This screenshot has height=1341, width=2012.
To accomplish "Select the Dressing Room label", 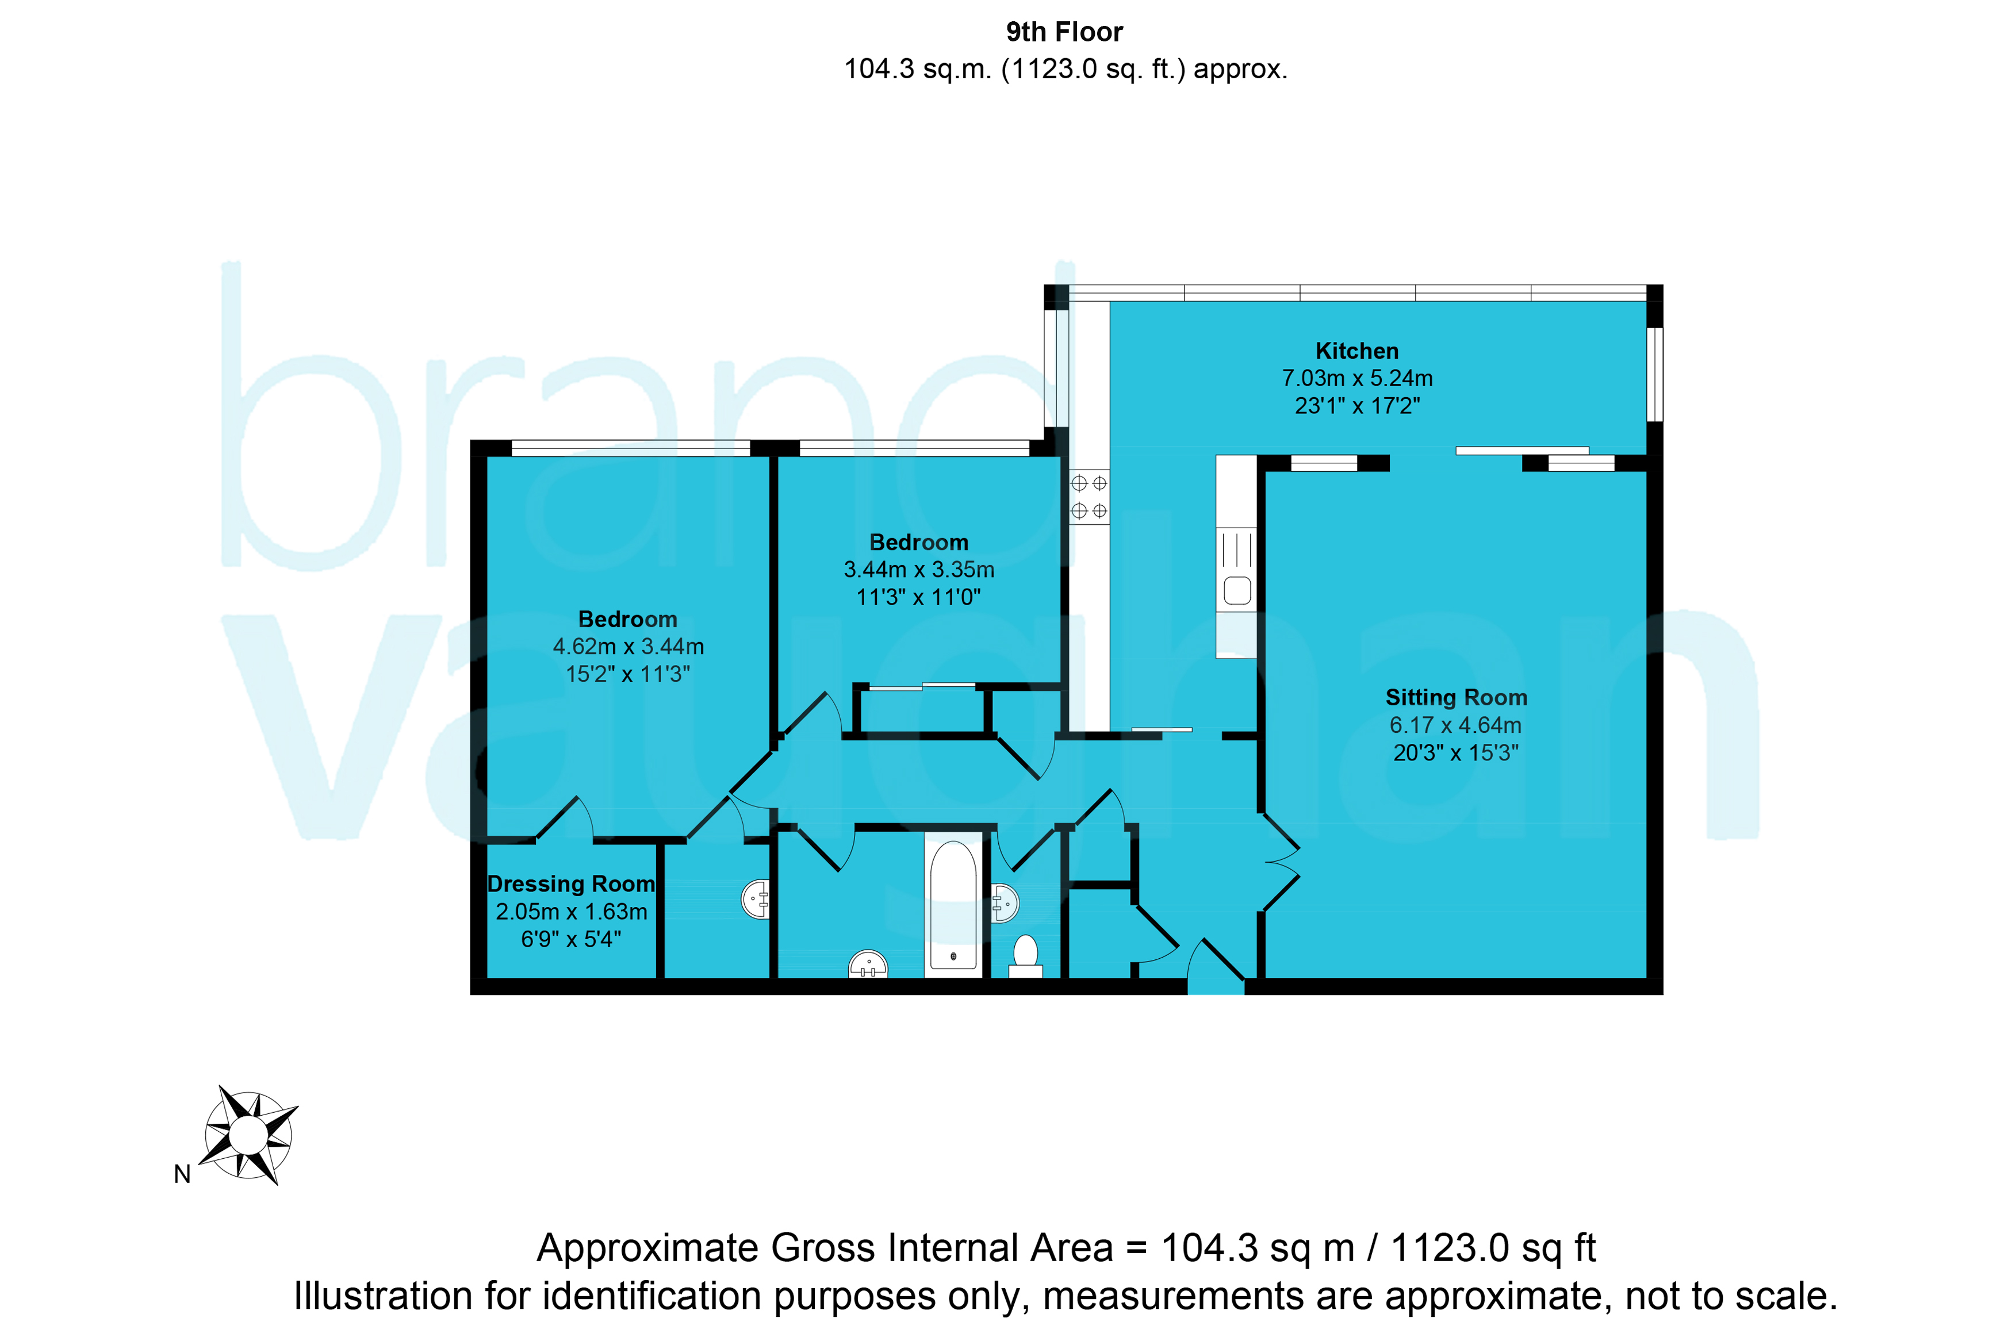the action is point(572,883).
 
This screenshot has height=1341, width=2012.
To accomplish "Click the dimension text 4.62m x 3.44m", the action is point(628,647).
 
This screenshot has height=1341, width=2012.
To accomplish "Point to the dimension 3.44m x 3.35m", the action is point(919,570).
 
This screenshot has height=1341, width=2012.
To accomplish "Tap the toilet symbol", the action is point(1026,956).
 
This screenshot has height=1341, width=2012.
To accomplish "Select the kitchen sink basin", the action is point(1237,591).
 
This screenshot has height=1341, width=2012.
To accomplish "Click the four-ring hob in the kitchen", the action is point(1089,497).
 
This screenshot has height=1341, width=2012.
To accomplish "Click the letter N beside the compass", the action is point(182,1174).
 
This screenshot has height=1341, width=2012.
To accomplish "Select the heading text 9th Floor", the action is point(1064,33).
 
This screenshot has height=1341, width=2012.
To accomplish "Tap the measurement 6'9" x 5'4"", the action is point(572,939).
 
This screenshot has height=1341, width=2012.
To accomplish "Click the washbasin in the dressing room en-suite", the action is point(756,899).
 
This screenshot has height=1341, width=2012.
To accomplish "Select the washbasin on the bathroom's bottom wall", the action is point(868,964).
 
